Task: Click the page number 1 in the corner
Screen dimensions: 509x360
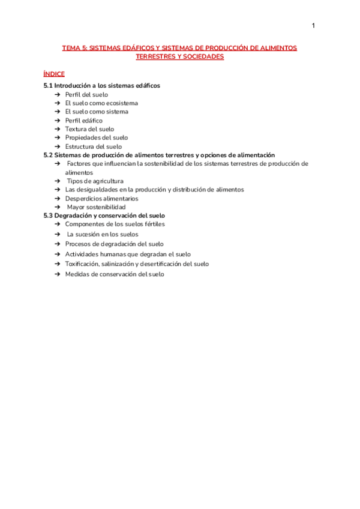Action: point(314,25)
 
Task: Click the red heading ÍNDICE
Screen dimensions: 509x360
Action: point(54,74)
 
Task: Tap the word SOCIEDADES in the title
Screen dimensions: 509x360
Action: point(203,56)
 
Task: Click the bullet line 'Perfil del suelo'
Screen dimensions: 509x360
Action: point(86,94)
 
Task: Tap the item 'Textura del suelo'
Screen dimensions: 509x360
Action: point(89,129)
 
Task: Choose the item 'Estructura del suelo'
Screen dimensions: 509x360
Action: point(93,146)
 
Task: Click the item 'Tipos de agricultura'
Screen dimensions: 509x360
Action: point(95,181)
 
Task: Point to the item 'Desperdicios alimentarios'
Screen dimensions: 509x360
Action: point(101,199)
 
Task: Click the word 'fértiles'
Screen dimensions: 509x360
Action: point(154,224)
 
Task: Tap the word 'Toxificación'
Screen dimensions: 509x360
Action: point(84,264)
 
